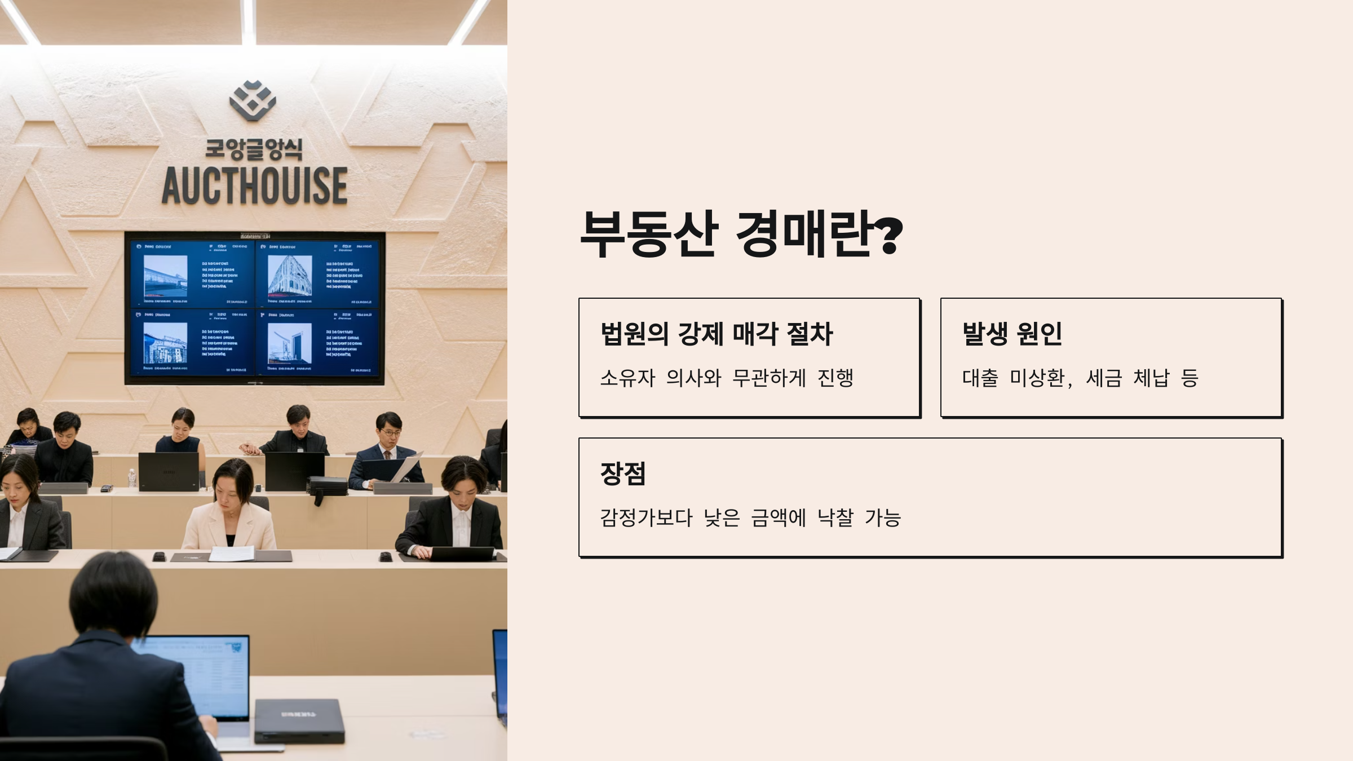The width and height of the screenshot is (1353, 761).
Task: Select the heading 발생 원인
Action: pyautogui.click(x=1012, y=333)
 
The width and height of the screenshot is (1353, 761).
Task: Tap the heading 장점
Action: pyautogui.click(x=623, y=474)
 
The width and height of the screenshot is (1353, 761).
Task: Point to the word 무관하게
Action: pyautogui.click(x=769, y=378)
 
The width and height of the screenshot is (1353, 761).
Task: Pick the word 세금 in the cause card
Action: pyautogui.click(x=1103, y=378)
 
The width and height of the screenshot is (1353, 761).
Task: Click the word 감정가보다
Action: pyautogui.click(x=646, y=517)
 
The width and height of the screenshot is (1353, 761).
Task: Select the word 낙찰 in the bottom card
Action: pyautogui.click(x=835, y=517)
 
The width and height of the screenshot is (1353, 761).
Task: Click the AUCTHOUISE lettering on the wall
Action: pyautogui.click(x=255, y=186)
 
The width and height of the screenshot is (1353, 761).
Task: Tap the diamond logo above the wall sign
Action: pyautogui.click(x=253, y=100)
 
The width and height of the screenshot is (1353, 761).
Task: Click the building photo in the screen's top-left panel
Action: pyautogui.click(x=165, y=276)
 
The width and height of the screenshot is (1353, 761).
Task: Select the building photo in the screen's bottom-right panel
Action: pyautogui.click(x=289, y=343)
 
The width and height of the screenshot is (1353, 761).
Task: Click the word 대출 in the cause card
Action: pyautogui.click(x=980, y=378)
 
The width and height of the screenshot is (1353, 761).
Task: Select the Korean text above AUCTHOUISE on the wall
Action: pyautogui.click(x=254, y=149)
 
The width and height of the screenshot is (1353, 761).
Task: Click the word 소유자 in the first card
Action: pyautogui.click(x=627, y=378)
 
